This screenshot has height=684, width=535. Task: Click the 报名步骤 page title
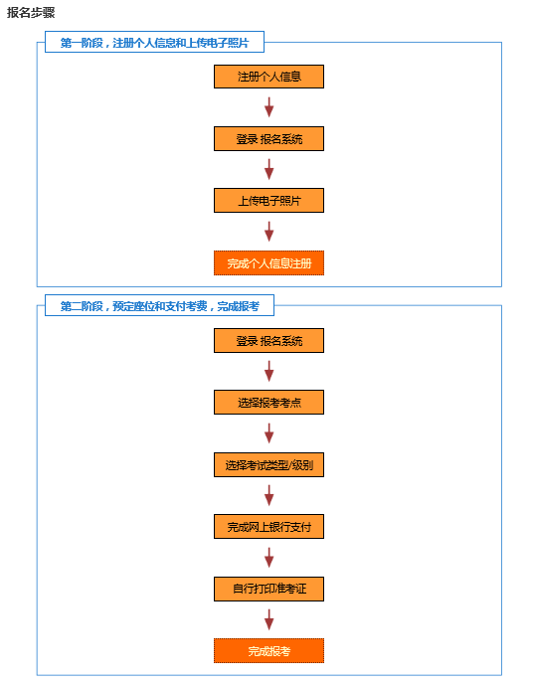click(31, 13)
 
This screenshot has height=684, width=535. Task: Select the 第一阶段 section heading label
click(154, 43)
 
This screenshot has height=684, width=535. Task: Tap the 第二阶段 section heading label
click(159, 306)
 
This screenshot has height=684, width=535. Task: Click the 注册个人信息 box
click(268, 77)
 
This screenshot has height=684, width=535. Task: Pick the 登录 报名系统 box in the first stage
click(268, 139)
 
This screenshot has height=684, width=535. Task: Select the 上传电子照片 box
click(268, 201)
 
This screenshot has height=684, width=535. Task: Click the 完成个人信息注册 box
click(268, 263)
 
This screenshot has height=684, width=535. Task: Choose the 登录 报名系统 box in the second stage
click(268, 341)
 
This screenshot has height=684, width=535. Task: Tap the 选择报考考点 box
click(268, 403)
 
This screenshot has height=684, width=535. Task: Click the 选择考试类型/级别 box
click(268, 465)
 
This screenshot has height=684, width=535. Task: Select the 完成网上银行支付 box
click(268, 527)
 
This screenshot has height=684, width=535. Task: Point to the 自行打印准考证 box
click(268, 589)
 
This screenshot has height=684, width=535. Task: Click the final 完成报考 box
click(268, 651)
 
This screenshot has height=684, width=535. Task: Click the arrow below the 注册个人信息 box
click(269, 107)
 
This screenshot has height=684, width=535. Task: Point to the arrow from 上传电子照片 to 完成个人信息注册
click(269, 232)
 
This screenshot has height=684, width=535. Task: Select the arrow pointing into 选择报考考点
click(269, 371)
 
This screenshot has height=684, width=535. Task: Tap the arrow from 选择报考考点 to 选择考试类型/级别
click(269, 433)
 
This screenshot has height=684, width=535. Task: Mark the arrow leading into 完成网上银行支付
click(269, 495)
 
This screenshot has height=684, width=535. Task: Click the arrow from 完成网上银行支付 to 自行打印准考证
click(269, 558)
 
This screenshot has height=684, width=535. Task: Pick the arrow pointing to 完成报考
click(269, 620)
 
